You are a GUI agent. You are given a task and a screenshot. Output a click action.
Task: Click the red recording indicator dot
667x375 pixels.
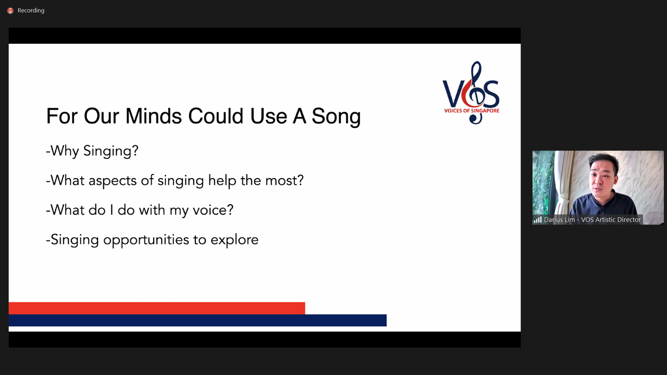(10, 11)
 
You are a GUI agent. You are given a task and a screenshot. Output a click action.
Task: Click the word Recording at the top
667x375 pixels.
(31, 10)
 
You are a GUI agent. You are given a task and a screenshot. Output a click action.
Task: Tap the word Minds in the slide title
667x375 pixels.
(153, 116)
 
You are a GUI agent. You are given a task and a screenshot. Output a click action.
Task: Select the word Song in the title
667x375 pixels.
(336, 117)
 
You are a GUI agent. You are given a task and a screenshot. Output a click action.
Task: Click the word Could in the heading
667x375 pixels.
(216, 116)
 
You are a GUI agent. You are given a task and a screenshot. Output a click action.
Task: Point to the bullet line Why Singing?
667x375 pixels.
(92, 151)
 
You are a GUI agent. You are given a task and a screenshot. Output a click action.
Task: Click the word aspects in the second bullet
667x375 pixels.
(113, 181)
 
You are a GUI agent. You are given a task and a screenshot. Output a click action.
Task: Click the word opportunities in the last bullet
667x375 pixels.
(146, 241)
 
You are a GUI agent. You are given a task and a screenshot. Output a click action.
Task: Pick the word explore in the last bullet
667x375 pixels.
(234, 241)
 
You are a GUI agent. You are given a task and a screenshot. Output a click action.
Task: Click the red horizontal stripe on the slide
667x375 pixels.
(157, 308)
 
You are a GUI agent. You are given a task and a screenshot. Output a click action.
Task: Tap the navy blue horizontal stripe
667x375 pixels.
(197, 320)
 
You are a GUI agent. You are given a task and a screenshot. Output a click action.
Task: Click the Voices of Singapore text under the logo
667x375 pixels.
(472, 111)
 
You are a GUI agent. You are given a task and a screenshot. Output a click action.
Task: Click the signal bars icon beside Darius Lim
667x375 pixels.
(537, 220)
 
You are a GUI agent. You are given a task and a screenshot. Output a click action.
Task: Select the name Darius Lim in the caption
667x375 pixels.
(559, 220)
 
